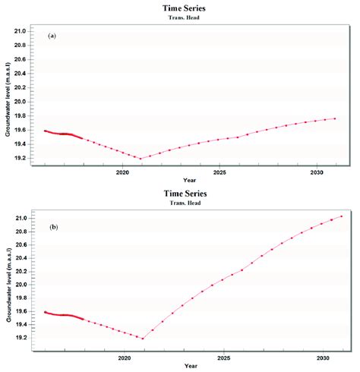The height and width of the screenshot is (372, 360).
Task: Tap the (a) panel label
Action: click(x=52, y=36)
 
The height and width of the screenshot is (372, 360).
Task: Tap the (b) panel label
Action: click(x=52, y=226)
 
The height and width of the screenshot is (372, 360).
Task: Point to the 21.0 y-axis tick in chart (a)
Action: click(x=20, y=31)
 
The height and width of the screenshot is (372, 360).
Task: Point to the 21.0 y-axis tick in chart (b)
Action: click(x=20, y=219)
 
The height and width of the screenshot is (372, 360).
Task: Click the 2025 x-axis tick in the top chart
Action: click(x=220, y=173)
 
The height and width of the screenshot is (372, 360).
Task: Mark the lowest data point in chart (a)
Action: click(x=141, y=159)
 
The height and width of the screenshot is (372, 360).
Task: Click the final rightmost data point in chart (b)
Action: click(x=342, y=216)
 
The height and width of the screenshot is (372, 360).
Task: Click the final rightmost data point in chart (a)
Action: click(x=335, y=118)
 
